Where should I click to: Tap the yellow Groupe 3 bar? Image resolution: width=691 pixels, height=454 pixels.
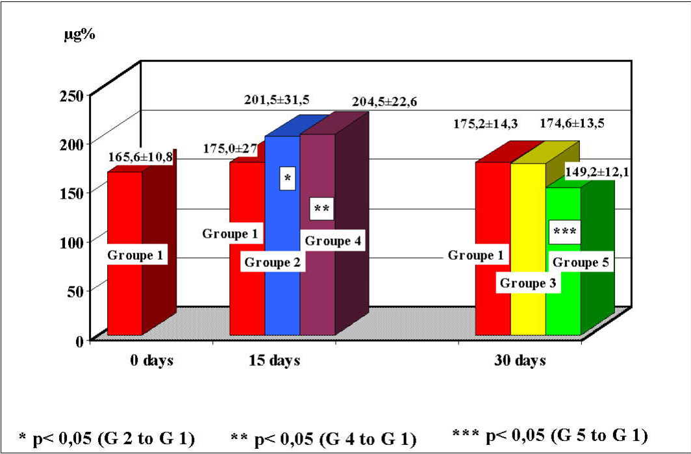click(x=528, y=227)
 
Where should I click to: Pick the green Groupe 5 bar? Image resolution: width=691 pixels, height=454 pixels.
click(x=563, y=299)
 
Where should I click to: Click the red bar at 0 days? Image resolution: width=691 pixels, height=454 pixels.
click(x=124, y=292)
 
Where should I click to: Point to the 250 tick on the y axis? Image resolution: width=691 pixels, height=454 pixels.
click(x=75, y=95)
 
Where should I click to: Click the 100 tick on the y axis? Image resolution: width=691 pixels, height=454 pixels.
click(x=75, y=242)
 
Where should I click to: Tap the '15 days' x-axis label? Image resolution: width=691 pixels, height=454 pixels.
click(x=274, y=360)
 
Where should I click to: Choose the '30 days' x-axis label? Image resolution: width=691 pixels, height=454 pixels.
click(x=519, y=360)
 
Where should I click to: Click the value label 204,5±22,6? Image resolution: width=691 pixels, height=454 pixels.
click(x=384, y=102)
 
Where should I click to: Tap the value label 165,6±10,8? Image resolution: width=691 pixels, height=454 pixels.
click(x=141, y=157)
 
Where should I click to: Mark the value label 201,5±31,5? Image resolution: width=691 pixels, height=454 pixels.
click(x=277, y=99)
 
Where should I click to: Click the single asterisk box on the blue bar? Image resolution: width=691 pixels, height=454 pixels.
click(x=288, y=179)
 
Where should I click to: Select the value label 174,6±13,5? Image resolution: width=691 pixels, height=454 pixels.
click(x=572, y=123)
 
